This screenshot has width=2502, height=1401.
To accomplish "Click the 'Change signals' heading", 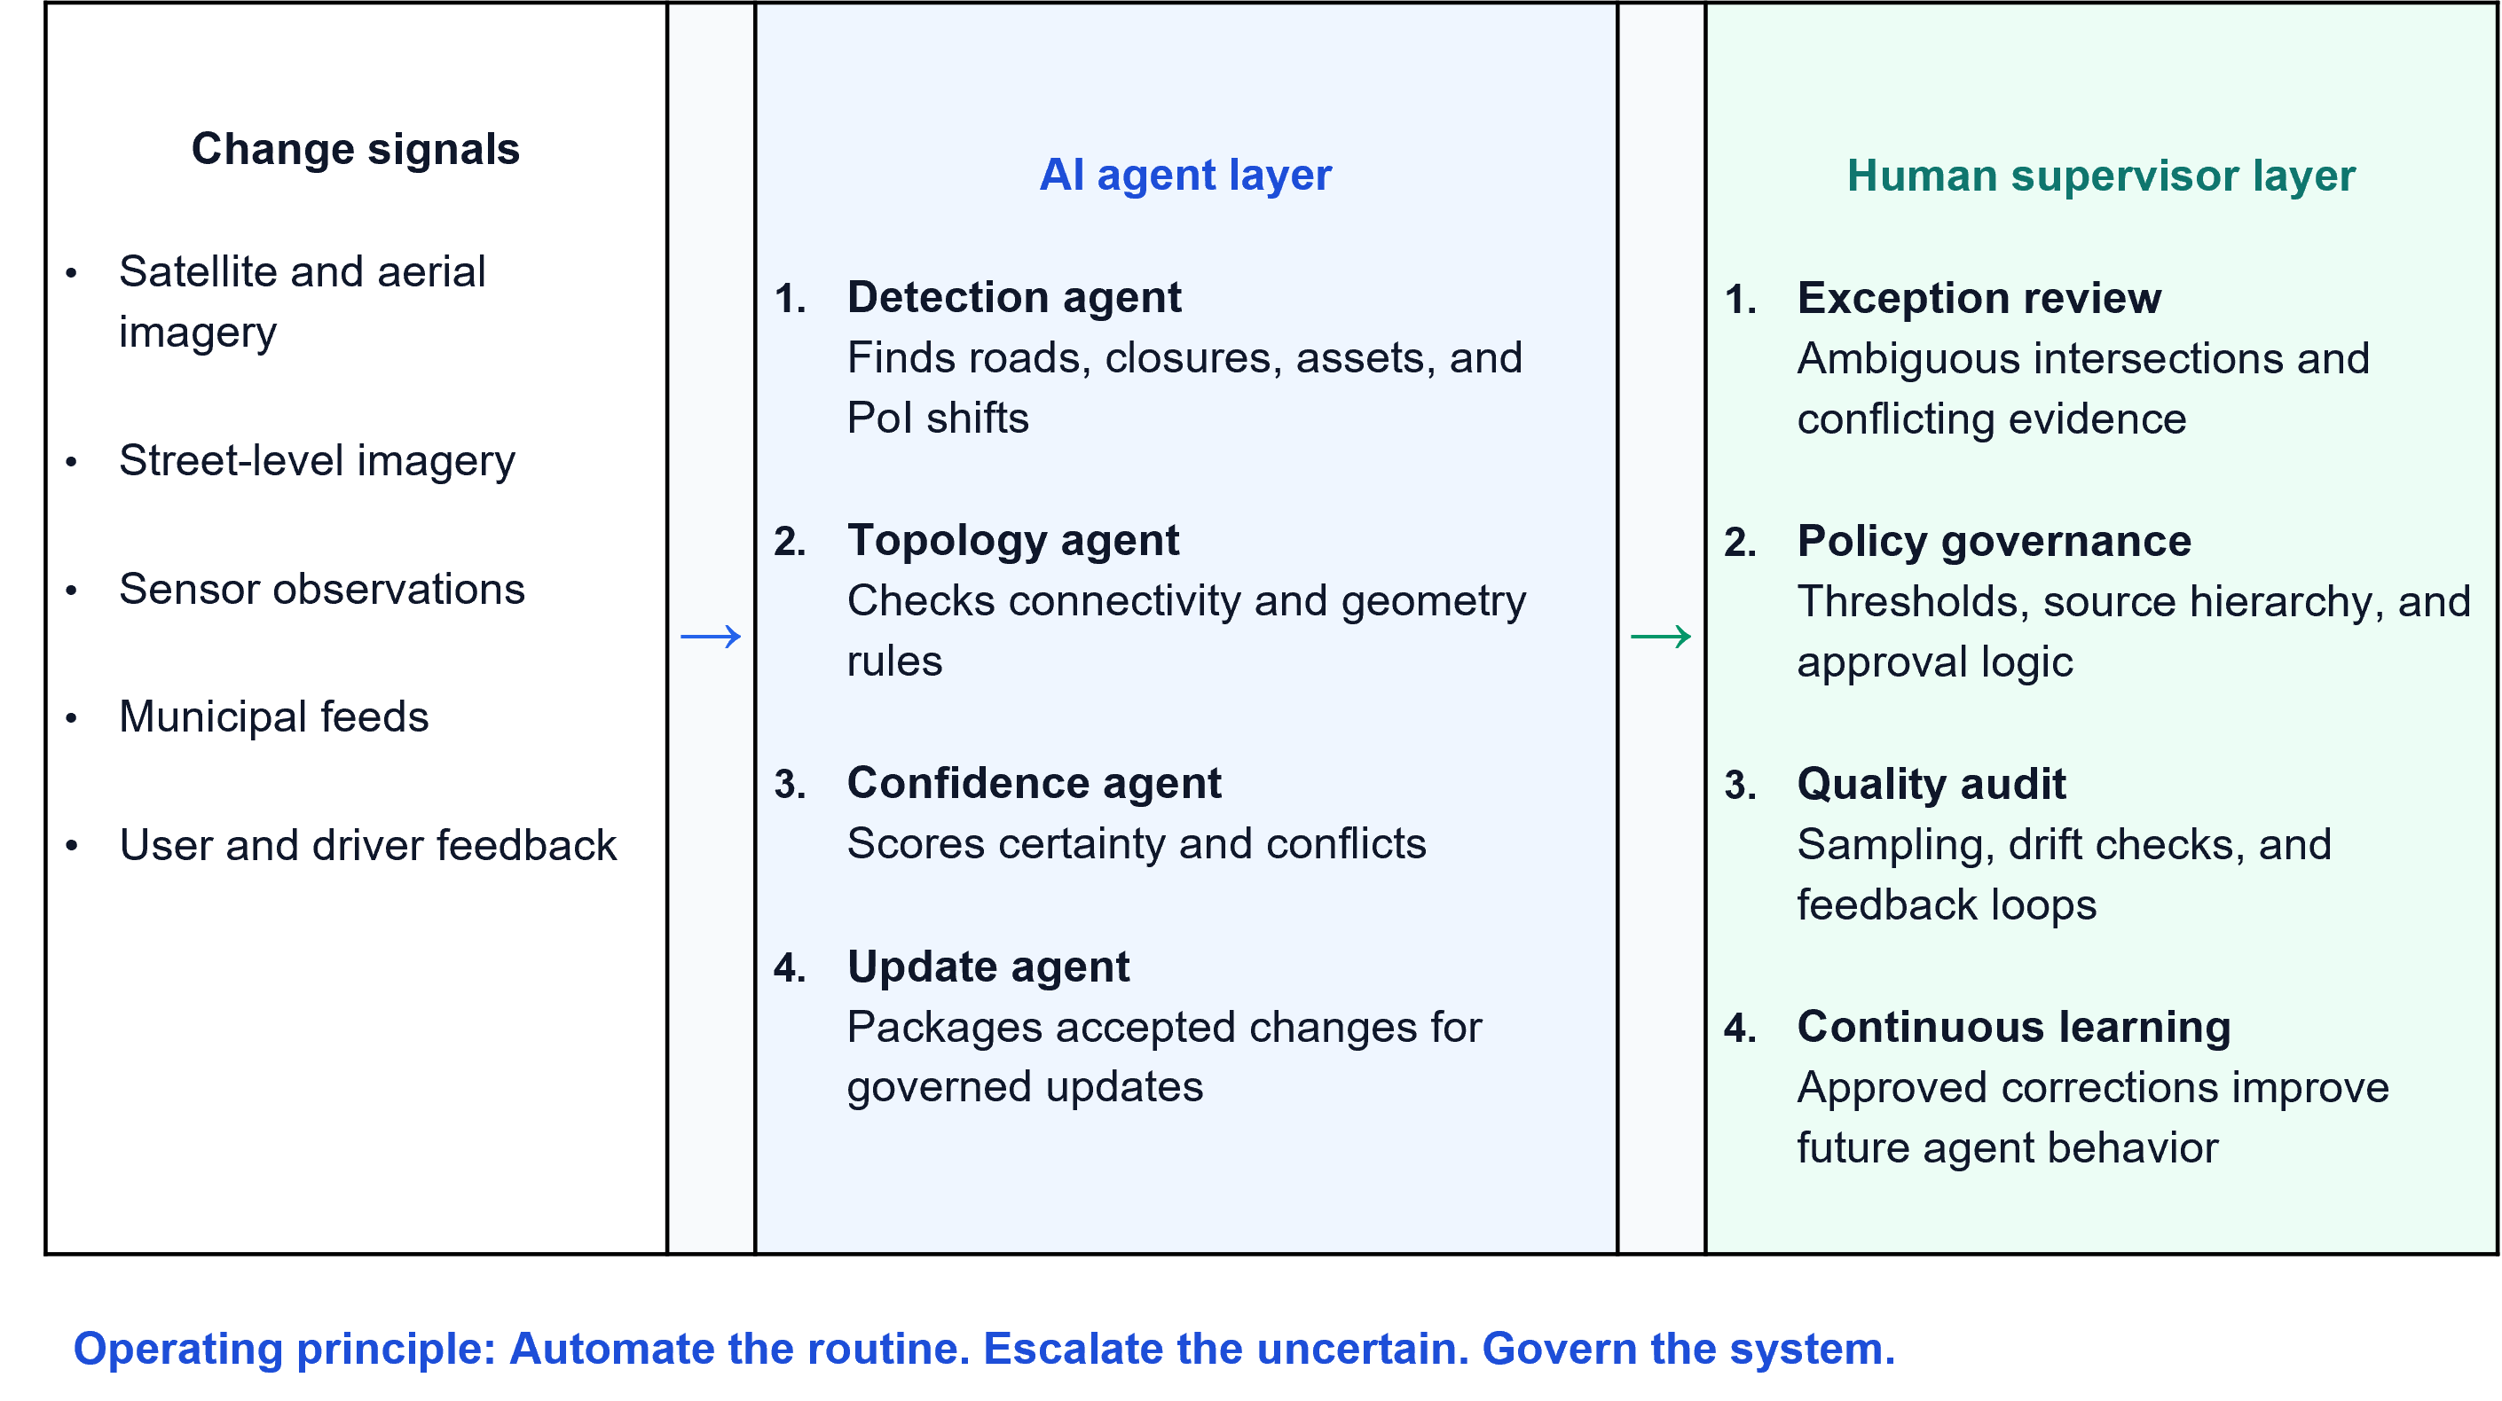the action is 356,150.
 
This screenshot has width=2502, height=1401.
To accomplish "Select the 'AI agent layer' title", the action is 1185,176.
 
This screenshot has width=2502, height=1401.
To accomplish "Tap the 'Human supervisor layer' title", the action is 2101,176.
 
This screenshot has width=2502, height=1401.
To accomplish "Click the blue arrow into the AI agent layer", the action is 711,637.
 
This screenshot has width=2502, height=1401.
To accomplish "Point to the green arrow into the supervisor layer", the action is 1661,637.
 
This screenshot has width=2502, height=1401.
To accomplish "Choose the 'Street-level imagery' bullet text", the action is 317,461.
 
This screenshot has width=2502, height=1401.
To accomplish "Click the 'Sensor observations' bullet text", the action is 321,590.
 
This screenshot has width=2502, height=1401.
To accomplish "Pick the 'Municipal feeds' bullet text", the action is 274,717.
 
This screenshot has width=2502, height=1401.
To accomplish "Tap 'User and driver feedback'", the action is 368,846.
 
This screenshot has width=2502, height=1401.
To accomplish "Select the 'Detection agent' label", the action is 1014,298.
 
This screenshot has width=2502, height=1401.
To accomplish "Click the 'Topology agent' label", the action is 1013,541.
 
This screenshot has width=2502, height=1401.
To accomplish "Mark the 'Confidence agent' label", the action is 1034,784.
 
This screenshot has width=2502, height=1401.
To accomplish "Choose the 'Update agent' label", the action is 987,967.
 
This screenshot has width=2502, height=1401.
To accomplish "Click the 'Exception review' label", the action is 1979,298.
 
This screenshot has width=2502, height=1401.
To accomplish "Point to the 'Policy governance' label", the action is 1994,542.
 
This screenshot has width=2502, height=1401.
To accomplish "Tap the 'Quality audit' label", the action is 1931,785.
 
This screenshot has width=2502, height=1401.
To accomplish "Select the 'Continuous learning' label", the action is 2013,1027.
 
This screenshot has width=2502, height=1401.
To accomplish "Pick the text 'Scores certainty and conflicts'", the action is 1137,844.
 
